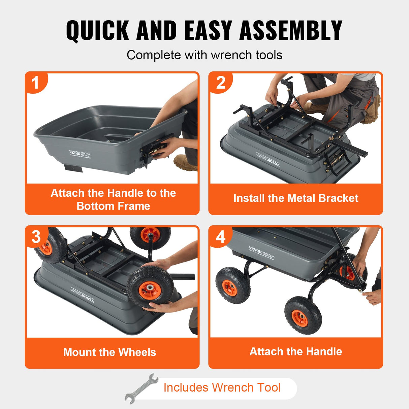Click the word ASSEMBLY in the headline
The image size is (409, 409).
pos(291,30)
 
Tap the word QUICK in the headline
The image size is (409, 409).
pos(98,30)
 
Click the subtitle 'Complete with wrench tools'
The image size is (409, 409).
pos(204,55)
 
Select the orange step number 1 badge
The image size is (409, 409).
pos(35,83)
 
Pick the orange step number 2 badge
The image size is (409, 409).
pos(220,83)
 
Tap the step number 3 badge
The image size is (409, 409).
pos(36,237)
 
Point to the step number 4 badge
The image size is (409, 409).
pos(220,237)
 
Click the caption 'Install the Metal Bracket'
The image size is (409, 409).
pos(295,198)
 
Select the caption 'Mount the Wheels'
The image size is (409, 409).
pos(109,352)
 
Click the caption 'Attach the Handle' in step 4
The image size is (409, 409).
pos(295,351)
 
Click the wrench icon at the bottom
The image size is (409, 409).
pos(141,388)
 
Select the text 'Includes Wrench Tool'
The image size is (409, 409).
pos(222,387)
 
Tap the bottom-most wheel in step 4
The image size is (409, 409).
pos(303,315)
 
